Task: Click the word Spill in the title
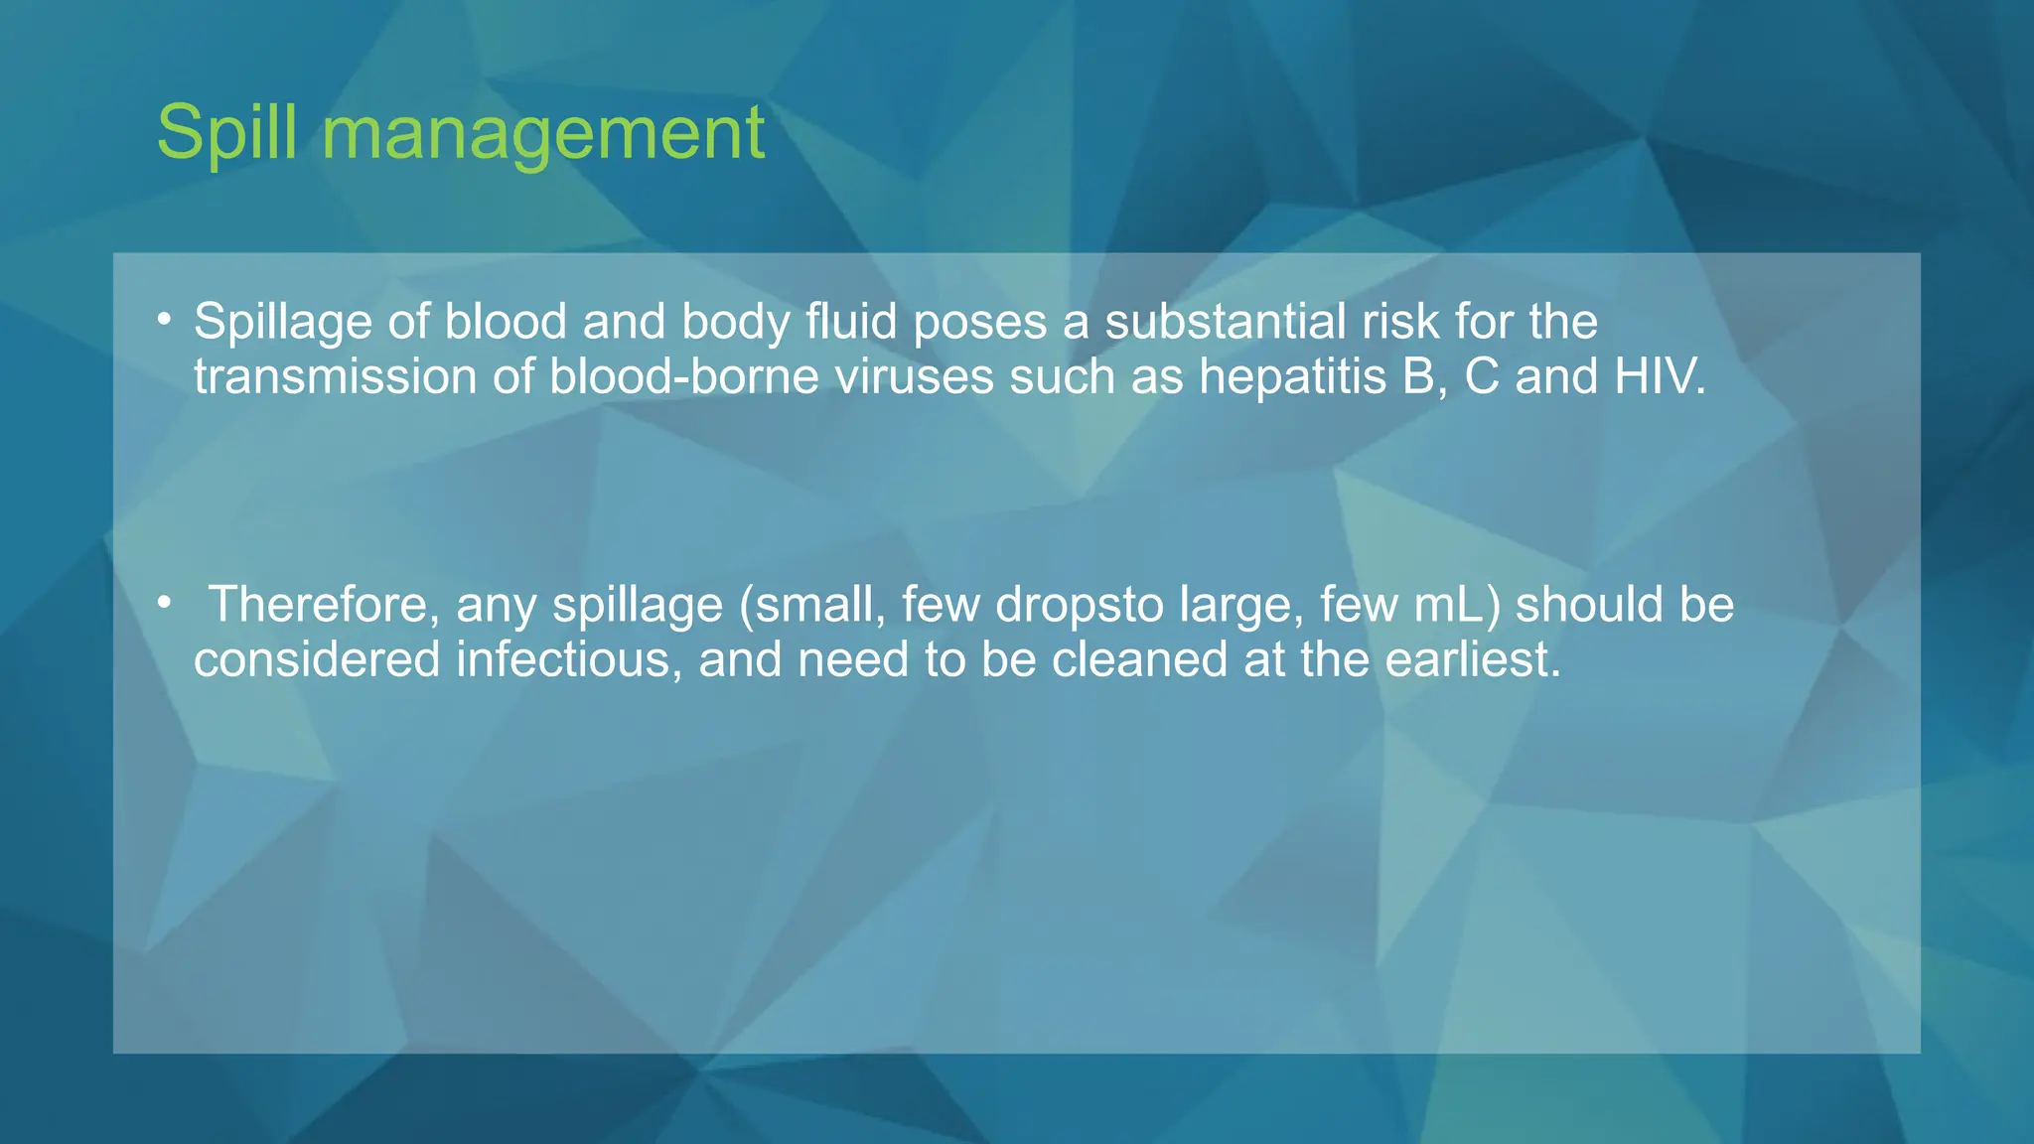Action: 226,132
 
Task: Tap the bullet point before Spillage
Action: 164,320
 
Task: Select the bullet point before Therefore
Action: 164,603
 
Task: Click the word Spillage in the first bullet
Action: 282,322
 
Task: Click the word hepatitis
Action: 1292,377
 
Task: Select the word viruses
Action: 914,377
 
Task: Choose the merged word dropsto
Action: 1080,605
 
